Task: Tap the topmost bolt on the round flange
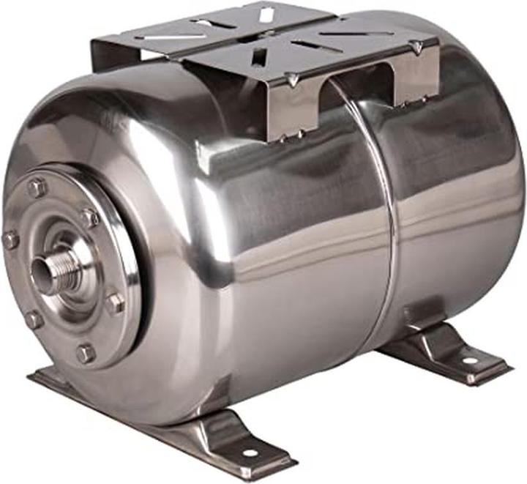click(37, 188)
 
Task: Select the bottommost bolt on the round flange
click(85, 354)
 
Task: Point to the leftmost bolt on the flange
click(10, 239)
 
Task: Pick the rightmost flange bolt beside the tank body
click(114, 302)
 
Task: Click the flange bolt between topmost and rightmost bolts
click(89, 217)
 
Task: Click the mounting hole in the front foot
click(250, 453)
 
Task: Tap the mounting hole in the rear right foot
click(469, 360)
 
